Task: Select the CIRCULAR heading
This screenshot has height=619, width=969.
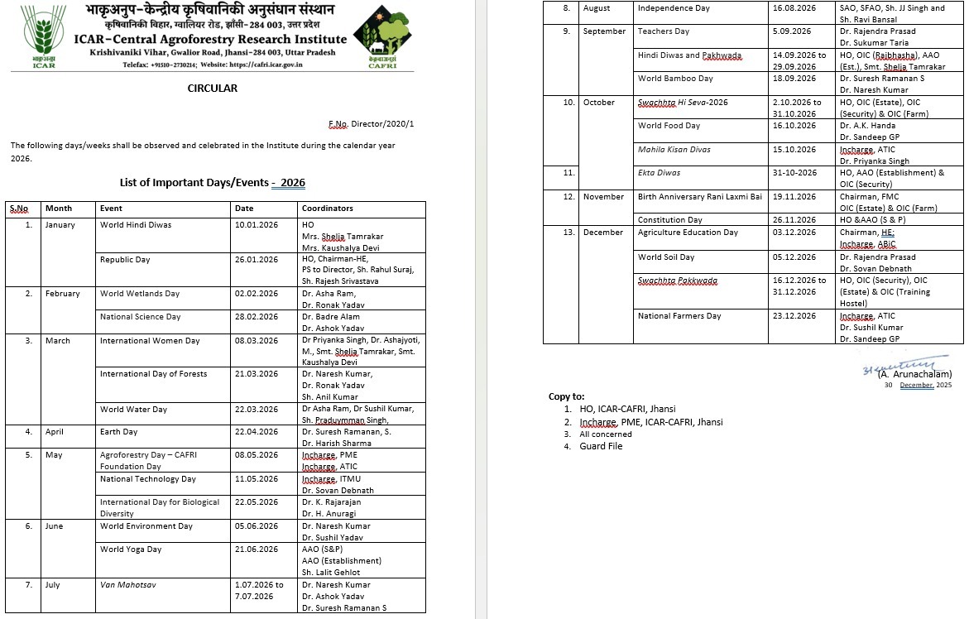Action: pyautogui.click(x=212, y=88)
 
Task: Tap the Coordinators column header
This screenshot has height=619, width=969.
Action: pyautogui.click(x=327, y=209)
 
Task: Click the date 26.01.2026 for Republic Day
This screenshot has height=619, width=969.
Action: pyautogui.click(x=256, y=259)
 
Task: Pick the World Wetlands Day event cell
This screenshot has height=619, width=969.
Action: pyautogui.click(x=139, y=294)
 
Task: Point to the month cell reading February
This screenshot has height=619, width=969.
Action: pyautogui.click(x=63, y=294)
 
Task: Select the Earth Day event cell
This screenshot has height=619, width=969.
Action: pyautogui.click(x=119, y=432)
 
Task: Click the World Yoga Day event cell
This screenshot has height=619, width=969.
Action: pyautogui.click(x=131, y=549)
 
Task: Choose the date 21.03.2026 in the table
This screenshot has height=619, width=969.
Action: pyautogui.click(x=256, y=374)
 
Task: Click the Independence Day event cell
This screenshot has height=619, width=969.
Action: pyautogui.click(x=674, y=7)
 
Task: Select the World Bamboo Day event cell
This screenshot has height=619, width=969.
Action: pyautogui.click(x=675, y=79)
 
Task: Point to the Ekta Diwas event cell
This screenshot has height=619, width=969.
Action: pyautogui.click(x=658, y=173)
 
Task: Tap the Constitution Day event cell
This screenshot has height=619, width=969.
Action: pyautogui.click(x=669, y=220)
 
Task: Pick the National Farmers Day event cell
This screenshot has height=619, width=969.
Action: pyautogui.click(x=679, y=316)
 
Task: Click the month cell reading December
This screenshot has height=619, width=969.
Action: pyautogui.click(x=603, y=233)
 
